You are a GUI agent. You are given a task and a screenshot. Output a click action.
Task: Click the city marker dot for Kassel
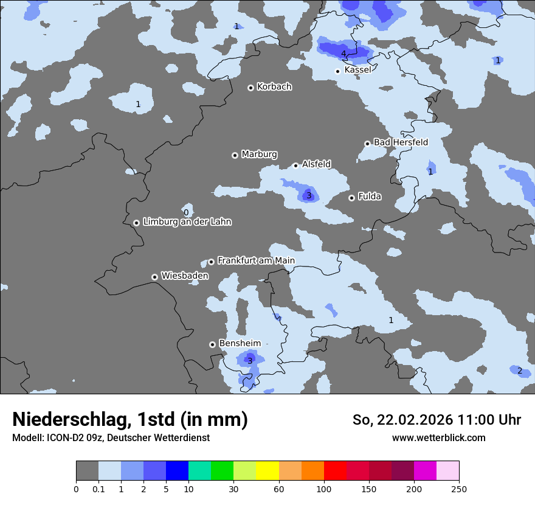337,71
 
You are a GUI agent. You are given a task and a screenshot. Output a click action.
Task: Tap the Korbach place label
274,86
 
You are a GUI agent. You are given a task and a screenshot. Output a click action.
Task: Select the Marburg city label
259,154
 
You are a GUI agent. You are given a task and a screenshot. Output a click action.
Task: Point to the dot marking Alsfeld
295,165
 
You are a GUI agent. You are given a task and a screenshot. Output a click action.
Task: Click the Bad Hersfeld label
401,142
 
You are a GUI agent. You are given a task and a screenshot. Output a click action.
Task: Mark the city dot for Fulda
351,198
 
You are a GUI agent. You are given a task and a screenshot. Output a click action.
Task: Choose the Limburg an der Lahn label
187,222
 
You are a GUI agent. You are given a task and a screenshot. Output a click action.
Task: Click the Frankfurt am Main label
256,260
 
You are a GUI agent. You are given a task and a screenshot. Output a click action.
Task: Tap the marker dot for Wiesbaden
154,277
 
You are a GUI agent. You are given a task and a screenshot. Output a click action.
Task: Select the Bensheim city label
240,343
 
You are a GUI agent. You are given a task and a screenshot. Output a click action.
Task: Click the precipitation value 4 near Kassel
343,54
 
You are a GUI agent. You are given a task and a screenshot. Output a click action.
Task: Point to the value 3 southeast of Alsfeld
309,195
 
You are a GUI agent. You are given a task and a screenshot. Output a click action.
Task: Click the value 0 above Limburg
186,212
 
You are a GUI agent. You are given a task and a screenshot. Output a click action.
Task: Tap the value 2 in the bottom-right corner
519,371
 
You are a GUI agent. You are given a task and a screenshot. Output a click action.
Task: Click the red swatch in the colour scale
335,471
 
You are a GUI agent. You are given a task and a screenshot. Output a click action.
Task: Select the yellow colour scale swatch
267,471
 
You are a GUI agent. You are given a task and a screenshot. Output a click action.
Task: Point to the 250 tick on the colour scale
458,489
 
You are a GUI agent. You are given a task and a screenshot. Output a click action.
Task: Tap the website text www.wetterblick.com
438,437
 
